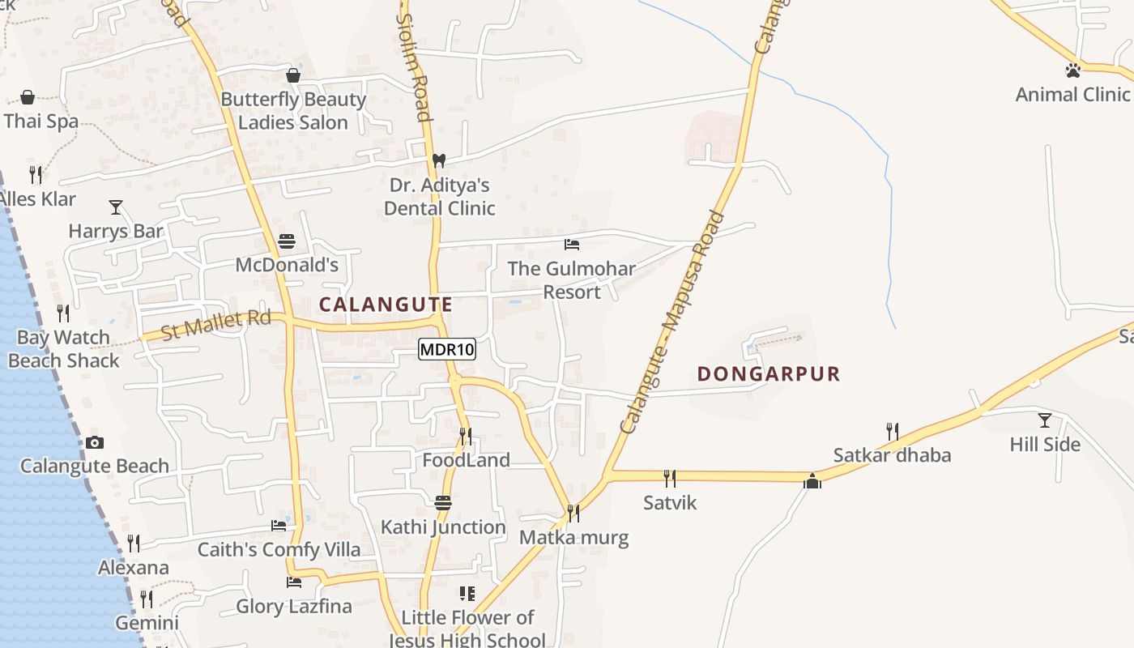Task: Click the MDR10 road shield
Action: [x=447, y=350]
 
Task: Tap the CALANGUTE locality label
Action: [x=386, y=305]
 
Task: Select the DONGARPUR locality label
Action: [x=769, y=373]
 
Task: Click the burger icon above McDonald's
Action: [x=287, y=241]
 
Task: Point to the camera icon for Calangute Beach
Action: [x=95, y=442]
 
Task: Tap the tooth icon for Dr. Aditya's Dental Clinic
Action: [x=439, y=160]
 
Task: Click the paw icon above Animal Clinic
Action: [x=1073, y=70]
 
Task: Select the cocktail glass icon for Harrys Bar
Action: [x=116, y=207]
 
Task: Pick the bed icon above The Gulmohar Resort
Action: [x=572, y=244]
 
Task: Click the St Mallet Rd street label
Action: [x=215, y=326]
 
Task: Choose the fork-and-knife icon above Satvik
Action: [x=670, y=478]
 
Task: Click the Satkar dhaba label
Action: [x=892, y=455]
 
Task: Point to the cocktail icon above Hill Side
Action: [x=1045, y=420]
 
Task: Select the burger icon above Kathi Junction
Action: [x=443, y=503]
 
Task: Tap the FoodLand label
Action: [x=466, y=460]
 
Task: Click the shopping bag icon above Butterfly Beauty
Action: [x=293, y=75]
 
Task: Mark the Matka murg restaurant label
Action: [x=573, y=537]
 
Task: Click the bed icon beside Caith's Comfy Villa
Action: [x=279, y=526]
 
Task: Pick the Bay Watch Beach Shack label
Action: [x=64, y=349]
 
